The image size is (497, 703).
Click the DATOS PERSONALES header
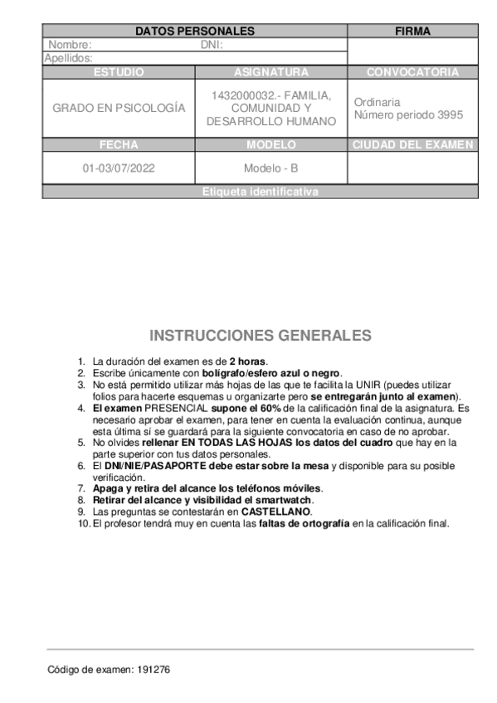click(194, 32)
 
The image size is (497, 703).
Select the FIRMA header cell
click(412, 32)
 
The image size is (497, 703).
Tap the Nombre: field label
click(70, 45)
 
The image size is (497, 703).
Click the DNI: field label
click(212, 45)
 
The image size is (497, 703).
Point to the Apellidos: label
click(68, 58)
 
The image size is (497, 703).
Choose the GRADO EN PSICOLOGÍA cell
click(119, 109)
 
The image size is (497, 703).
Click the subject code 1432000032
click(242, 95)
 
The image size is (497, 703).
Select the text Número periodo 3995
click(408, 115)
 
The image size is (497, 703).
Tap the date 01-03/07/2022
click(119, 168)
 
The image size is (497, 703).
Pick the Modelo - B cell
click(270, 168)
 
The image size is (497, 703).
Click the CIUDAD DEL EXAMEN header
click(412, 145)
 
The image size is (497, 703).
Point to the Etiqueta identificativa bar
click(260, 192)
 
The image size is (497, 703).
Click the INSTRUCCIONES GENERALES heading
click(260, 336)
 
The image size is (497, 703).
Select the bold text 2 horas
click(248, 361)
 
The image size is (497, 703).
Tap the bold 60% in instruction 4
click(270, 409)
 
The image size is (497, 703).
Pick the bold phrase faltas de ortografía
click(305, 524)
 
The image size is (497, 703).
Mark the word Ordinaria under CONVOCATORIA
click(377, 102)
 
